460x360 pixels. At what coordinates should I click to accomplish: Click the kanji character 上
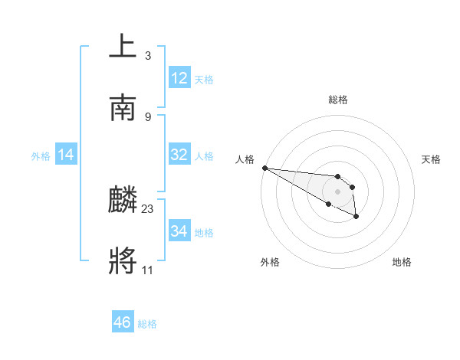[123, 46]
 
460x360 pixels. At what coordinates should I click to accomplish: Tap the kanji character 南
[123, 107]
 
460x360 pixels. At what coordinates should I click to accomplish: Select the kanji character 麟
[123, 201]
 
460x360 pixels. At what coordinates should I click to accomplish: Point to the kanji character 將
[123, 260]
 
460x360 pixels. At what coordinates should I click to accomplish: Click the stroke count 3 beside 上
[147, 56]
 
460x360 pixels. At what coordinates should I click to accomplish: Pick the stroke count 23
[148, 208]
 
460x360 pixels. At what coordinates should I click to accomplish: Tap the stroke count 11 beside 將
[147, 270]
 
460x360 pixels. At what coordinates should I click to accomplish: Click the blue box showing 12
[179, 78]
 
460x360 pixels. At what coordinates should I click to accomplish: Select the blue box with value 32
[179, 155]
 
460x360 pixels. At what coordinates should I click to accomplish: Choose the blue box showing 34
[179, 231]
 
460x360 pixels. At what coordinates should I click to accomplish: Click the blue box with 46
[123, 322]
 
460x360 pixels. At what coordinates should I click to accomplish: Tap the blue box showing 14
[66, 155]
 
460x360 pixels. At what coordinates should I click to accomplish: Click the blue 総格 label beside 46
[147, 324]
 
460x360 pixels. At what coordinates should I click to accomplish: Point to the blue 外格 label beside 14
[41, 155]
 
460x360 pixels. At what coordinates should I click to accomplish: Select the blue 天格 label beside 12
[204, 79]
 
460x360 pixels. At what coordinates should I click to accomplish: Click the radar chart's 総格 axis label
[337, 100]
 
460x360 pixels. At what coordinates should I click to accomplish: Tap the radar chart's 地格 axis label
[402, 262]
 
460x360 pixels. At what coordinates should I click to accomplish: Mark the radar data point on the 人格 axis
[264, 168]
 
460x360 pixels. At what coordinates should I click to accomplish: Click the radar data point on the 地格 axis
[356, 218]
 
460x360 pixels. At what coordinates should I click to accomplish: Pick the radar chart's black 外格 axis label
[270, 262]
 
